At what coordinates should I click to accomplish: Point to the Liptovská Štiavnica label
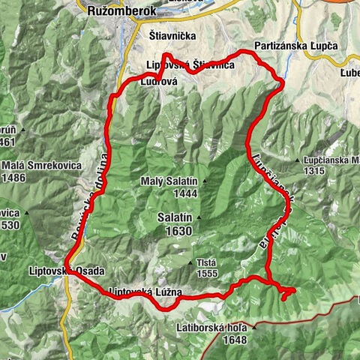(200, 66)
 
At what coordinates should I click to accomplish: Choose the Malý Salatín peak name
(168, 181)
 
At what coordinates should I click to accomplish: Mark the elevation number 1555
(205, 274)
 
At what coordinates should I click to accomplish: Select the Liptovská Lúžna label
(145, 292)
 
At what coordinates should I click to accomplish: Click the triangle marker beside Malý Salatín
(203, 181)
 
